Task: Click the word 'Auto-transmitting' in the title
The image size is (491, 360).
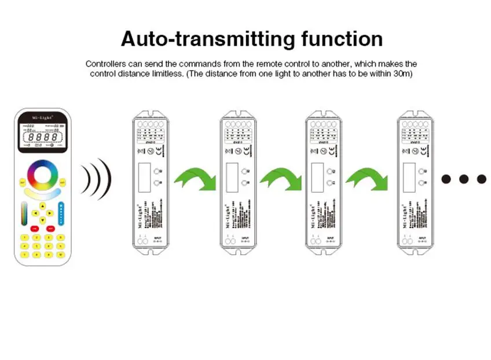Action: point(208,39)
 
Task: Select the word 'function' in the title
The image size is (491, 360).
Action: point(342,39)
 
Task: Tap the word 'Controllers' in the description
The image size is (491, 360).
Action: point(107,64)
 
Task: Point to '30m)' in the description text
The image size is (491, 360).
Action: point(403,74)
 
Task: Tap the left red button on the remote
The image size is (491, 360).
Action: point(35,229)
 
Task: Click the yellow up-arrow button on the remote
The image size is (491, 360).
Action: point(43,205)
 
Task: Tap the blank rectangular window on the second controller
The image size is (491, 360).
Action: point(232,176)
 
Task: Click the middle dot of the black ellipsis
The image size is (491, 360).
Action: point(463,179)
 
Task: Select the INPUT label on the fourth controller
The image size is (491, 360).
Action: point(422,237)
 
